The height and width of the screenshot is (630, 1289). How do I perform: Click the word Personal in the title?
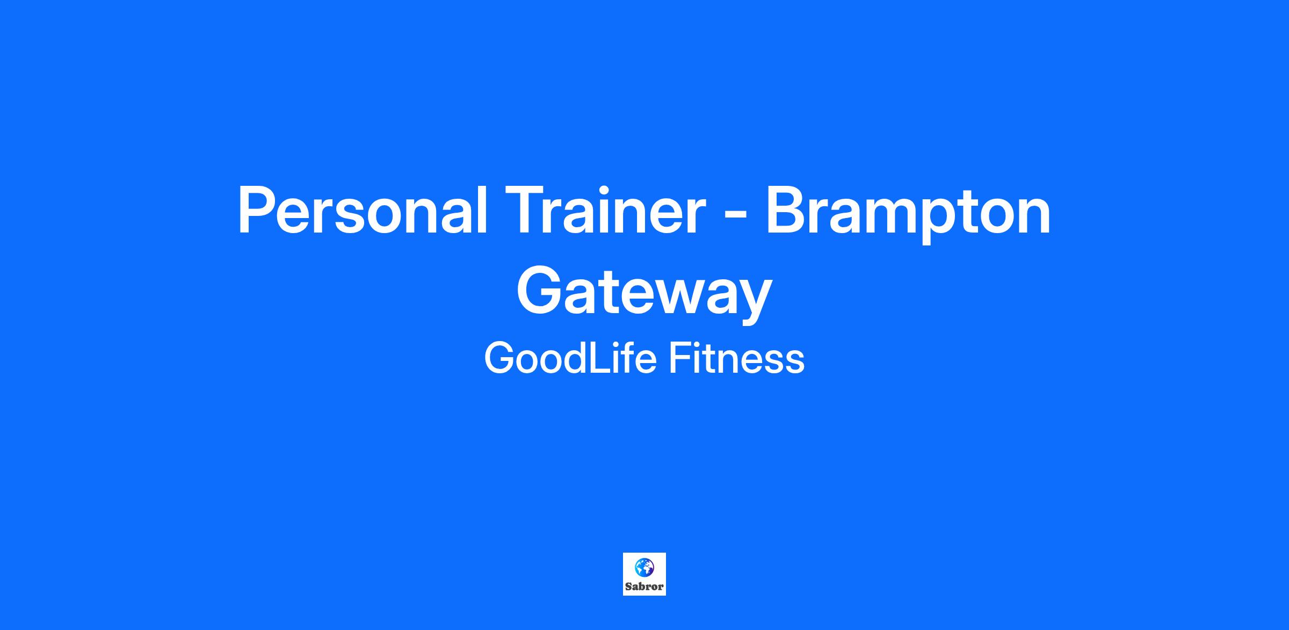(363, 210)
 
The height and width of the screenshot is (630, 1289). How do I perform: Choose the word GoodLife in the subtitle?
(570, 358)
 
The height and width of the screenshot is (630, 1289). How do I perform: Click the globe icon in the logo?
(644, 567)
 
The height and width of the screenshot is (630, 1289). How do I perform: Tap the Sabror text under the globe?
(644, 586)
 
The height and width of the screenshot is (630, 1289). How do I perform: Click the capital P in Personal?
(257, 211)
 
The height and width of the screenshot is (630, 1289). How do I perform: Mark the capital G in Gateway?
(539, 291)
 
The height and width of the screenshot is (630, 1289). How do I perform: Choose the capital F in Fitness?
(679, 358)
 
